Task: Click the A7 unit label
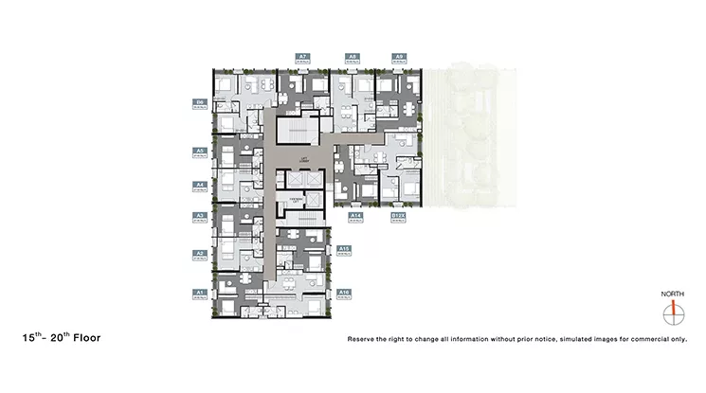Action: coord(302,57)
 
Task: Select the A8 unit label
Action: coord(352,57)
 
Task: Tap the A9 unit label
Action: coord(399,57)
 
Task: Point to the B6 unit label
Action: coord(200,102)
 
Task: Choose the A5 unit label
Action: coord(200,150)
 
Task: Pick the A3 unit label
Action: coord(200,216)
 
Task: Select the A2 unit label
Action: coord(200,253)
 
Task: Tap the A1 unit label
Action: coord(200,292)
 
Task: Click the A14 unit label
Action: coord(356,216)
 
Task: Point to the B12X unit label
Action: coord(399,216)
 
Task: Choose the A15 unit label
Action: coord(345,248)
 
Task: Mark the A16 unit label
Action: coord(345,292)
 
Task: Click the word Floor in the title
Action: coord(84,336)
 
